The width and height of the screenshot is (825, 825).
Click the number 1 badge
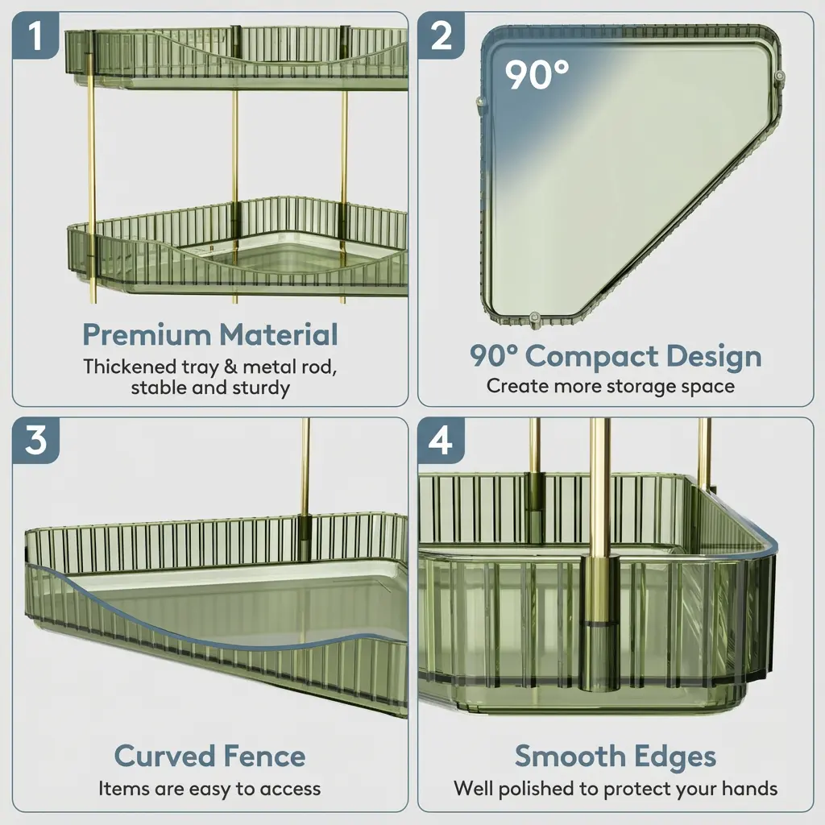(35, 35)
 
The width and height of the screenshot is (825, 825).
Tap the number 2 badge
(441, 35)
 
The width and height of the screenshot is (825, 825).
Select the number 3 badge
(35, 441)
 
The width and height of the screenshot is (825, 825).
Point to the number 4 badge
(441, 441)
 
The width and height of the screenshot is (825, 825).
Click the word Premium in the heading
(147, 334)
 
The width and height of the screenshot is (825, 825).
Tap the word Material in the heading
(279, 334)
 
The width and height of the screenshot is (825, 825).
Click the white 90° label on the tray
(537, 75)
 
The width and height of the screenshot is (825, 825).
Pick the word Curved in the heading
(160, 757)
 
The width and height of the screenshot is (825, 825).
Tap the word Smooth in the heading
(570, 757)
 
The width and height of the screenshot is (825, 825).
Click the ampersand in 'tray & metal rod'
(230, 367)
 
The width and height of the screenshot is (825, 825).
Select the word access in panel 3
(290, 790)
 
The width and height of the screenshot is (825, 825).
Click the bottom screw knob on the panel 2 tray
(535, 319)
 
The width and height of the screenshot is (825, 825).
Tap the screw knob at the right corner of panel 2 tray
(780, 77)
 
